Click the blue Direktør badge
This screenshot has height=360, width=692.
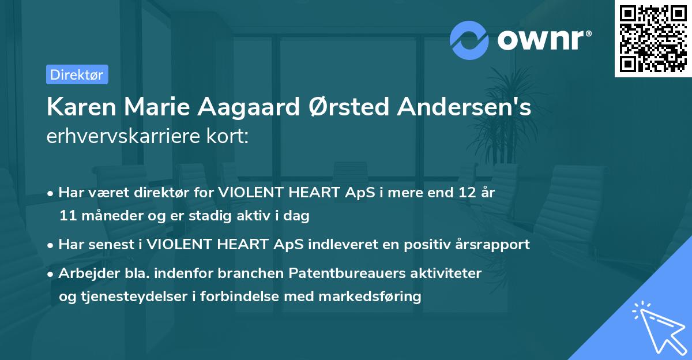[x=77, y=74]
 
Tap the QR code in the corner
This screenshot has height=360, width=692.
[x=653, y=39]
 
